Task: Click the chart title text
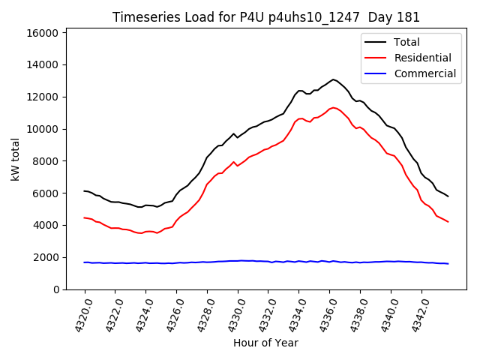coord(266,17)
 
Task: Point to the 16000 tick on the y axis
coord(43,33)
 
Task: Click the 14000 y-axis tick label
coord(43,65)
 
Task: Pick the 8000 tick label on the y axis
coord(46,161)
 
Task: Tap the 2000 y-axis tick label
coord(46,257)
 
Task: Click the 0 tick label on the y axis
coord(56,289)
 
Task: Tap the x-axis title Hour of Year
coord(265,343)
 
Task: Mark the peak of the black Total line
coord(334,79)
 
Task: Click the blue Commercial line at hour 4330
coord(238,261)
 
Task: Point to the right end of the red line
coord(448,222)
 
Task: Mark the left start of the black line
coord(84,190)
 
